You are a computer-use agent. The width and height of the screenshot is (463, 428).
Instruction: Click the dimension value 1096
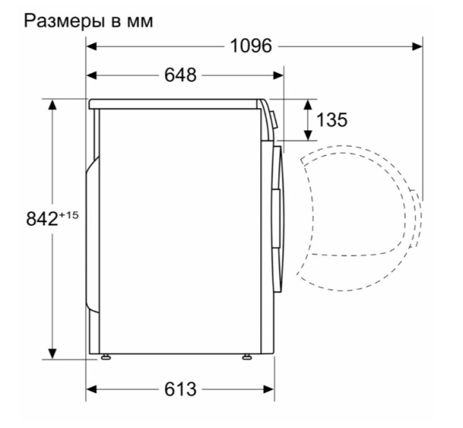[x=252, y=46]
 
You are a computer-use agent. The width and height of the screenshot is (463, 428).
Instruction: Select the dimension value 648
[x=181, y=76]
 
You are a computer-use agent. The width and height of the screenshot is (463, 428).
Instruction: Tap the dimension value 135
[x=332, y=120]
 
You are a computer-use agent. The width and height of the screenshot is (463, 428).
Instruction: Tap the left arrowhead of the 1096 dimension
[x=90, y=46]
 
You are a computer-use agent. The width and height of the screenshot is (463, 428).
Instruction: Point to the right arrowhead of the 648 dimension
[x=280, y=76]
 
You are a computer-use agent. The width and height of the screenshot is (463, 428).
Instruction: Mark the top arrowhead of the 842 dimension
[x=52, y=103]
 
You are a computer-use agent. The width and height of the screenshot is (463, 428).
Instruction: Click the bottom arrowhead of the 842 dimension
[x=52, y=353]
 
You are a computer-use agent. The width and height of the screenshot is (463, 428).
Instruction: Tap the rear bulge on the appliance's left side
[x=93, y=231]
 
